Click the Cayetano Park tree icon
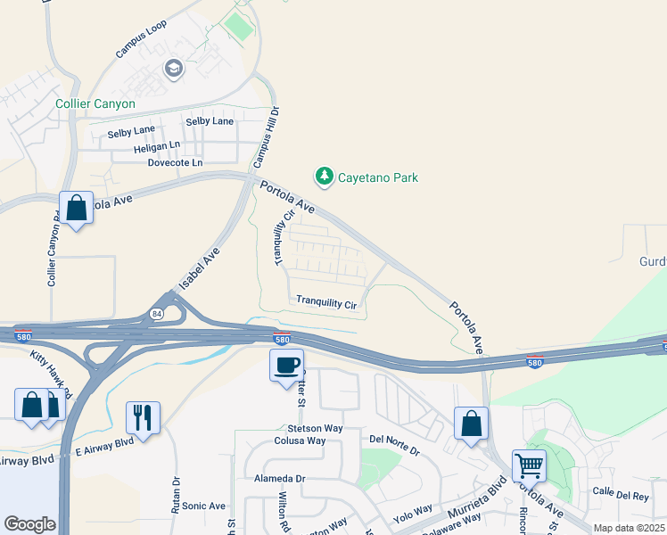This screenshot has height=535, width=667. pos(325,177)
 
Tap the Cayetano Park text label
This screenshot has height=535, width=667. pos(377,177)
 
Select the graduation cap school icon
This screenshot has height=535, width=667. pos(174,68)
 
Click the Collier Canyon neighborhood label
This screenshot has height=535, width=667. pos(95,103)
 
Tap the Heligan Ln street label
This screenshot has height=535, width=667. pos(157,147)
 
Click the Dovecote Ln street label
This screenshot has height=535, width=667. pos(175,163)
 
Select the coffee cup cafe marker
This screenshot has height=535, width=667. pos(286,366)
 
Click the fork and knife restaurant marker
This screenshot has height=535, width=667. pos(143,416)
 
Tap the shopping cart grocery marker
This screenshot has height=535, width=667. pos(529,466)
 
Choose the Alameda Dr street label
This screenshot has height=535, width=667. pos(280,478)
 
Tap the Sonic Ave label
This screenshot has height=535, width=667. pos(204,506)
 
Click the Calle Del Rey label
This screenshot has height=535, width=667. pos(622,492)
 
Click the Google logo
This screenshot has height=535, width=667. pos(29,524)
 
